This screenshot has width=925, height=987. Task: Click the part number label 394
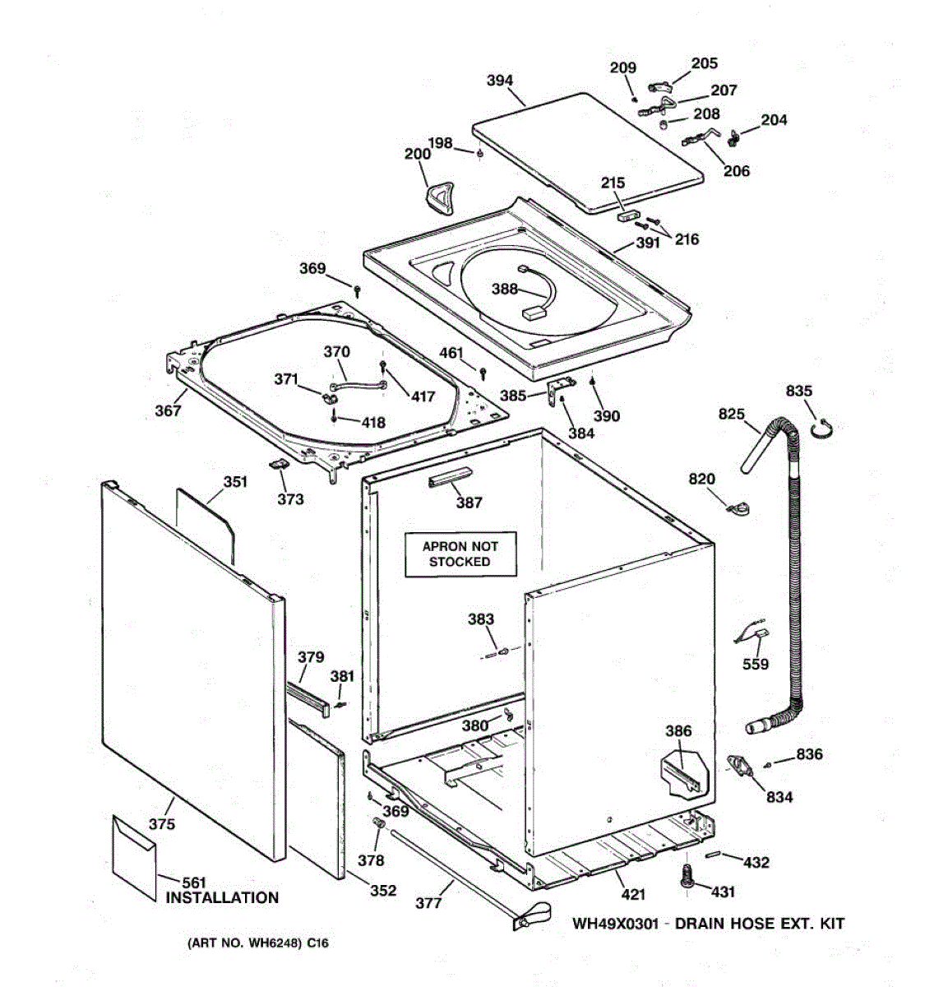pos(500,81)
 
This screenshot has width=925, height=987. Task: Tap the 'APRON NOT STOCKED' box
pos(460,554)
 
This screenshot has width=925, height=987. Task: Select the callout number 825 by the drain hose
pos(731,415)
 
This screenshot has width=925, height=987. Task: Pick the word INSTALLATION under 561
pos(222,898)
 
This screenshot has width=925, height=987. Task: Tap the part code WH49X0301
pos(616,924)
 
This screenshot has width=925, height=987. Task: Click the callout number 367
pos(168,410)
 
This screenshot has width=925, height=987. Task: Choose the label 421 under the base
pos(632,895)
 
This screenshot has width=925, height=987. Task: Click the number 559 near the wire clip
pos(755,664)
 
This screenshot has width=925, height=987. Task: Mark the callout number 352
pos(383,890)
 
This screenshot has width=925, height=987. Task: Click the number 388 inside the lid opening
pos(505,289)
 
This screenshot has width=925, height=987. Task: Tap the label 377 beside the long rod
pos(428,902)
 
